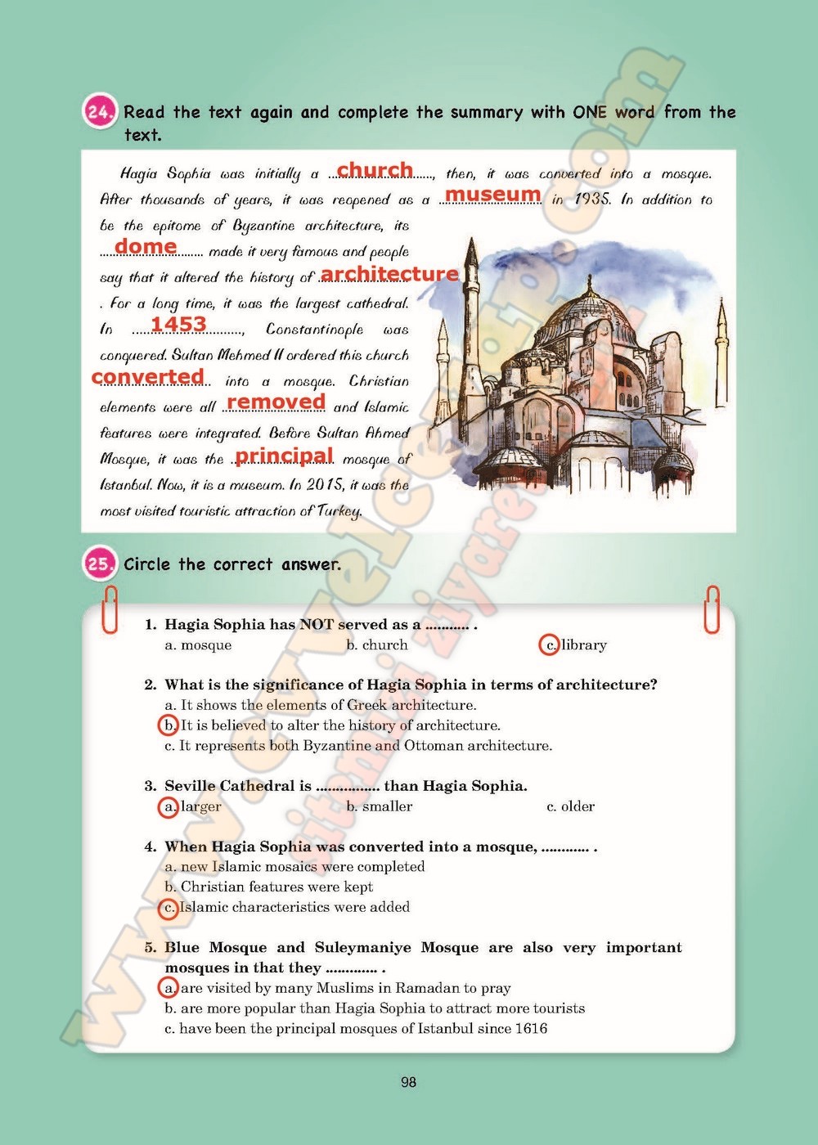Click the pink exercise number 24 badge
pos(101,113)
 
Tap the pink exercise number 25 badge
pos(101,564)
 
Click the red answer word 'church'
pos(375,169)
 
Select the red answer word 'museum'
pos(492,195)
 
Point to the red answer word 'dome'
pos(146,246)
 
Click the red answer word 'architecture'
pos(389,273)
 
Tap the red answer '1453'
pos(178,324)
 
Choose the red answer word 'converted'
pos(148,376)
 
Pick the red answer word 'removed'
pos(276,402)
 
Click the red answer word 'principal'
pos(284,455)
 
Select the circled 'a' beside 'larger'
pos(169,807)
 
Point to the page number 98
pos(409,1083)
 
